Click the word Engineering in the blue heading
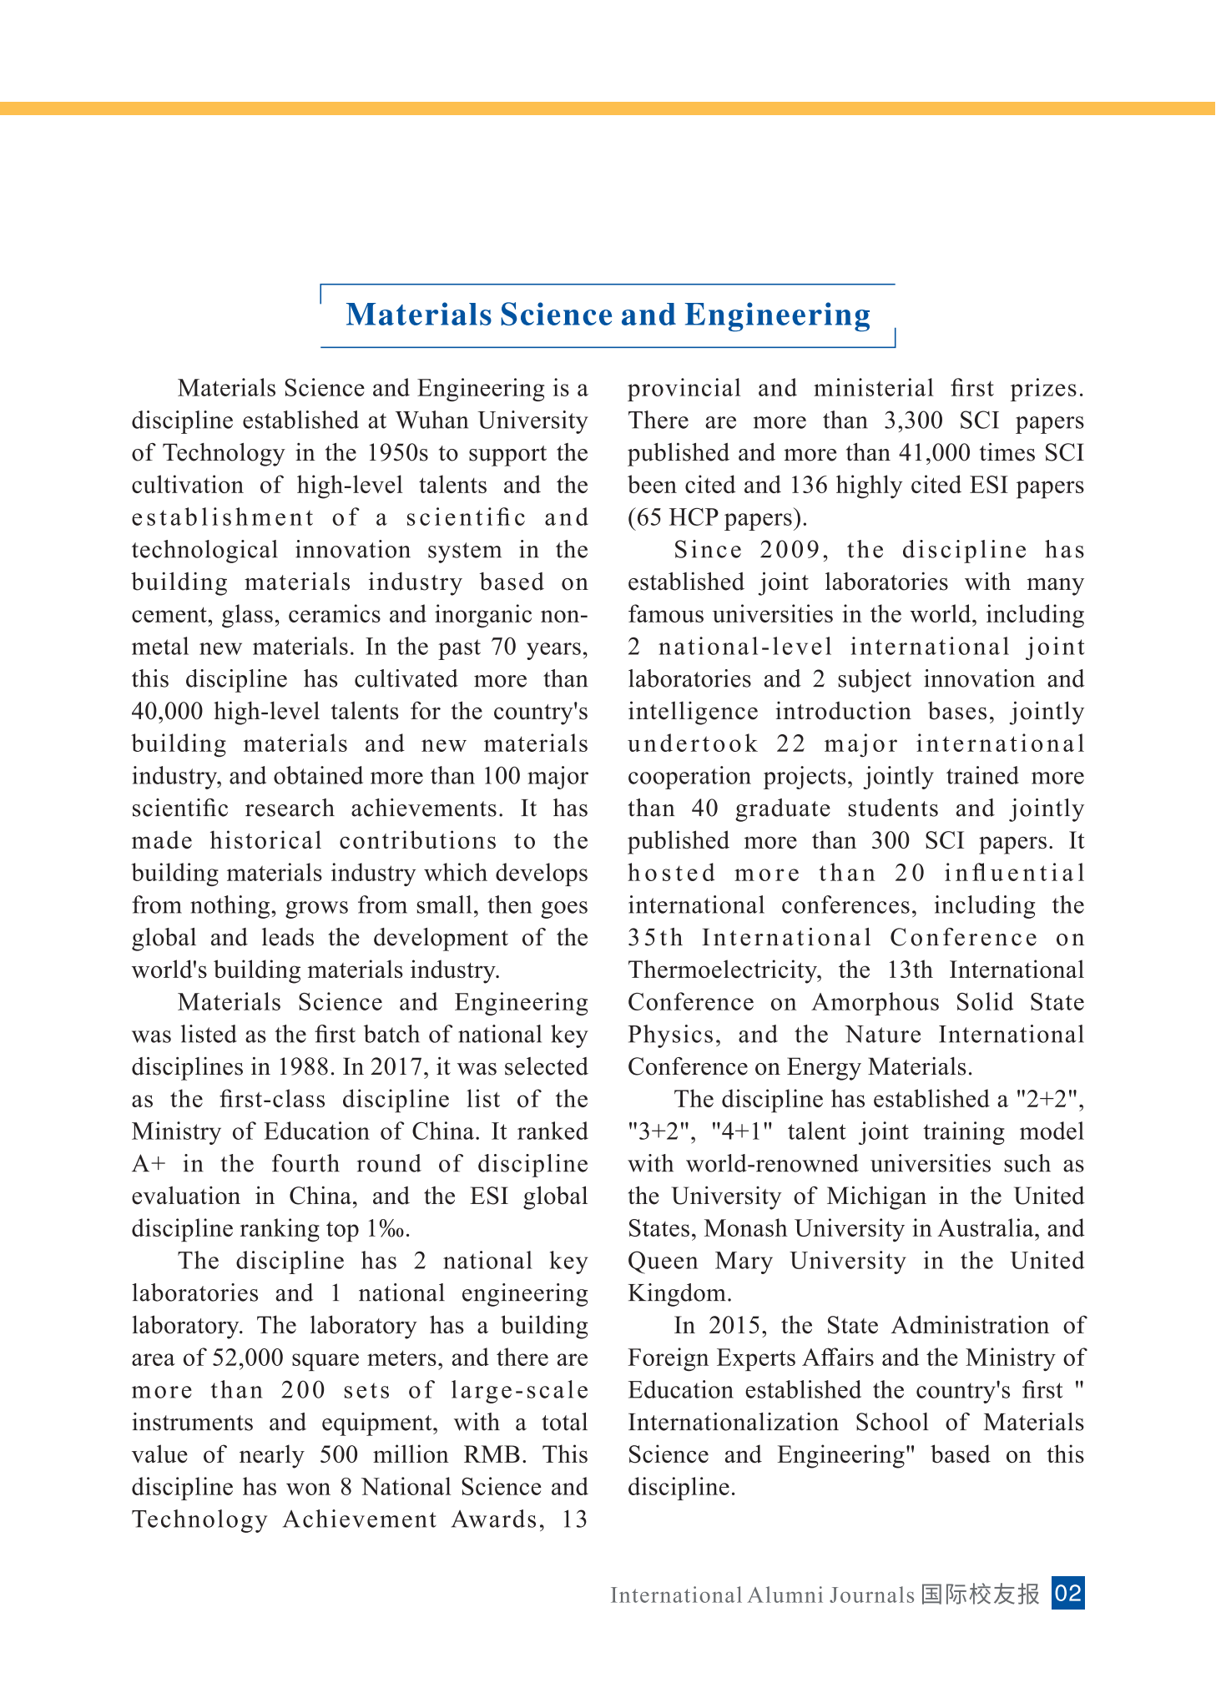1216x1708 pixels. pos(777,315)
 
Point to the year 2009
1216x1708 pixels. pos(793,550)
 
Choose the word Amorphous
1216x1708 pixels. pos(876,1003)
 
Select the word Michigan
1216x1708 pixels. pos(876,1197)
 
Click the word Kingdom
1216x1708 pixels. pos(679,1294)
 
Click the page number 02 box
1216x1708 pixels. pos(1067,1594)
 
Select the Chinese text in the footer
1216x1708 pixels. pos(981,1595)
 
